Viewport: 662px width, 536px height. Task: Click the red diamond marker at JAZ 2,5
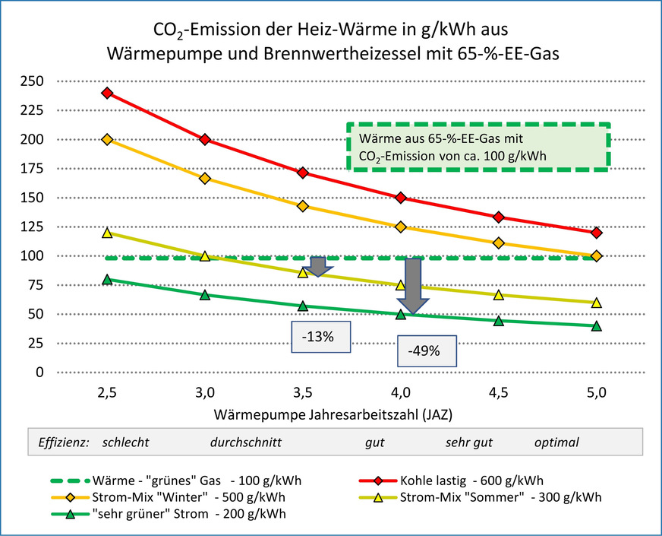(x=107, y=93)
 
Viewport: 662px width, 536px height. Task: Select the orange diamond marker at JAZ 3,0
(x=205, y=178)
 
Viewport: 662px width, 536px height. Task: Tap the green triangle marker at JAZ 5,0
(x=597, y=325)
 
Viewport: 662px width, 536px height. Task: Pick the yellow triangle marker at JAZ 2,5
(x=107, y=233)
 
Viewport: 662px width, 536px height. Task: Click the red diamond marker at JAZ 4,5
(x=499, y=217)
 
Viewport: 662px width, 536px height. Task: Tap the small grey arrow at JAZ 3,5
(x=317, y=266)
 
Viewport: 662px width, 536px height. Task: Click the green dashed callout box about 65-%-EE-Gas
(x=478, y=147)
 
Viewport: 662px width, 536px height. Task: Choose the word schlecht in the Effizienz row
(x=125, y=442)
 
